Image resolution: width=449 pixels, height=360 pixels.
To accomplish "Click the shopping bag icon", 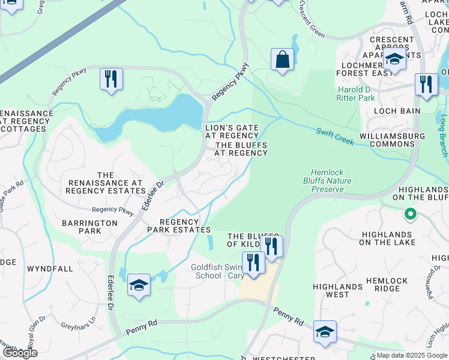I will coord(282,60).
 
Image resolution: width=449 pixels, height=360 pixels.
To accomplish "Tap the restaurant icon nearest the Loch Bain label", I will coord(426,85).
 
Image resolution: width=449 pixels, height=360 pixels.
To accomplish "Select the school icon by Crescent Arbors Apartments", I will coord(394,60).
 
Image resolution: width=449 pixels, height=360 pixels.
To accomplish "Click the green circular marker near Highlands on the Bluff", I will coord(410,214).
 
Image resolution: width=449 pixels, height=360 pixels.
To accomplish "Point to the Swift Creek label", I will coord(337,136).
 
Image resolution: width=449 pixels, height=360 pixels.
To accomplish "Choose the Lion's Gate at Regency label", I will coord(232,132).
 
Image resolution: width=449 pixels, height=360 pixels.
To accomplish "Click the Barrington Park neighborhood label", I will coord(89,227).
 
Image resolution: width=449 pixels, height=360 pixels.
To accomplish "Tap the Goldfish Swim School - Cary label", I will coord(215,271).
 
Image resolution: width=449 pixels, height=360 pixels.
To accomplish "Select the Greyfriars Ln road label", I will coord(79,330).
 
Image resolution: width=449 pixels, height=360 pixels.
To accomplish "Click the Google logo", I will coord(19,353).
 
